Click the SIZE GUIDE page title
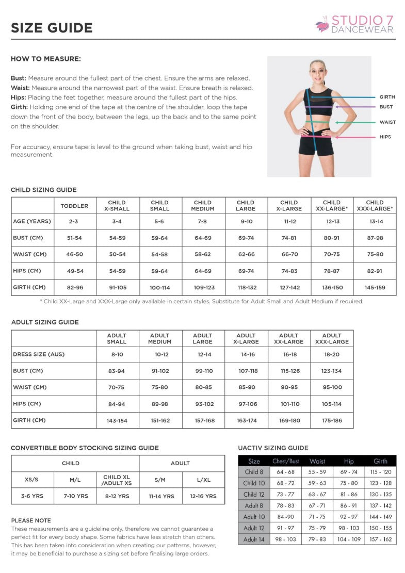click(x=52, y=28)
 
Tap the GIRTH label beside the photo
click(x=387, y=97)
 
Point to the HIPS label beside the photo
click(x=385, y=137)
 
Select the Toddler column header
click(x=74, y=206)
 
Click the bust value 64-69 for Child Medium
click(x=202, y=238)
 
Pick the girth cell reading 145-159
click(x=375, y=287)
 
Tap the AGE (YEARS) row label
click(x=32, y=221)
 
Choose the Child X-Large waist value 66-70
click(x=288, y=254)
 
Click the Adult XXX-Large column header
click(x=331, y=338)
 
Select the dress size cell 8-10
click(x=117, y=354)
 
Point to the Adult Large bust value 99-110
click(x=202, y=371)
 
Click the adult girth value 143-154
click(x=117, y=420)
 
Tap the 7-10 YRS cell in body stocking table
click(x=75, y=496)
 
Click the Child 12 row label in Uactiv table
click(x=254, y=494)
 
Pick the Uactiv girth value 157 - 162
click(x=380, y=539)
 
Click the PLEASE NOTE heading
click(x=31, y=520)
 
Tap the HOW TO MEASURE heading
click(x=46, y=59)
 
